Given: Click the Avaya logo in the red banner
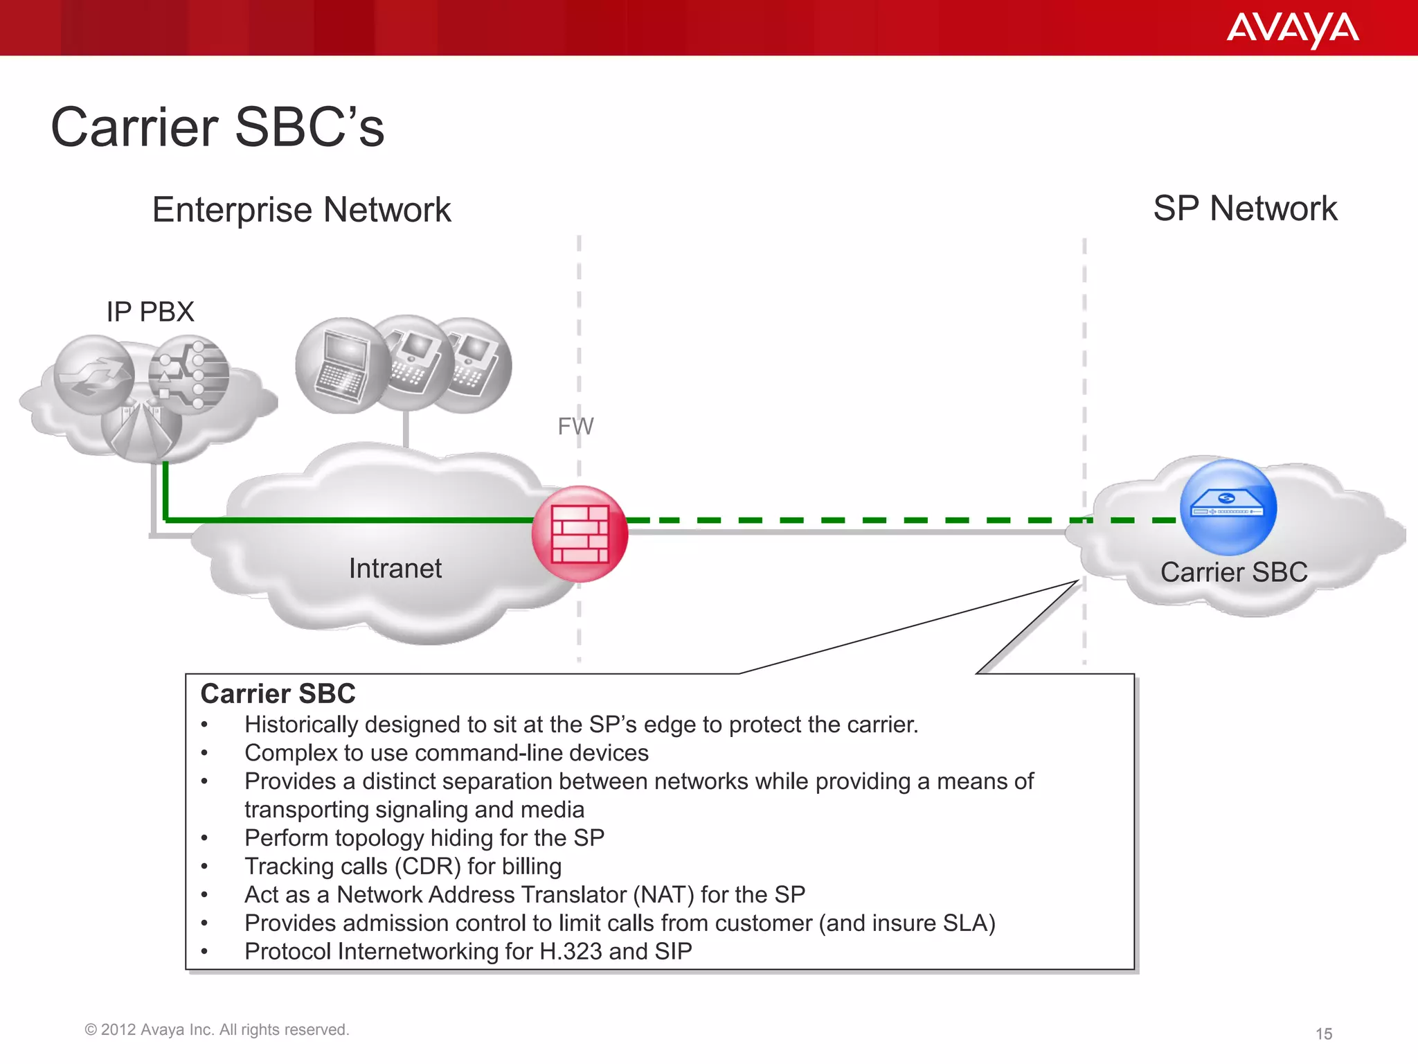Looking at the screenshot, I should coord(1292,29).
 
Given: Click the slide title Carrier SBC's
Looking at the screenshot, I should coord(217,127).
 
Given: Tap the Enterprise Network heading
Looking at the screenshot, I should coord(301,210).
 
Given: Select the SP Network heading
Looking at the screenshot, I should coord(1245,209).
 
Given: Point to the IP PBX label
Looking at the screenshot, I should coord(150,312).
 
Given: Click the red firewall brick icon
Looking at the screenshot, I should coord(580,533).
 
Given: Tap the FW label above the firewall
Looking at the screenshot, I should coord(575,426).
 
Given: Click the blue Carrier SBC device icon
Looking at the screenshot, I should coord(1228,507).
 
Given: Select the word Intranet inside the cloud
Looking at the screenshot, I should coord(395,569).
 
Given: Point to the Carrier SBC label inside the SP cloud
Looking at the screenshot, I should coord(1233,572).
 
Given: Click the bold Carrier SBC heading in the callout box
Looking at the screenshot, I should coord(278,693).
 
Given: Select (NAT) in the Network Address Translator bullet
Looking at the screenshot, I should coord(663,895).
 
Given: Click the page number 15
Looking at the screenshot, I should coord(1323,1034).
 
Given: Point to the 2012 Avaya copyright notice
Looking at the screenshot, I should coord(217,1030).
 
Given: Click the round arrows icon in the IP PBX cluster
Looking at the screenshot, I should coord(93,375).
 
